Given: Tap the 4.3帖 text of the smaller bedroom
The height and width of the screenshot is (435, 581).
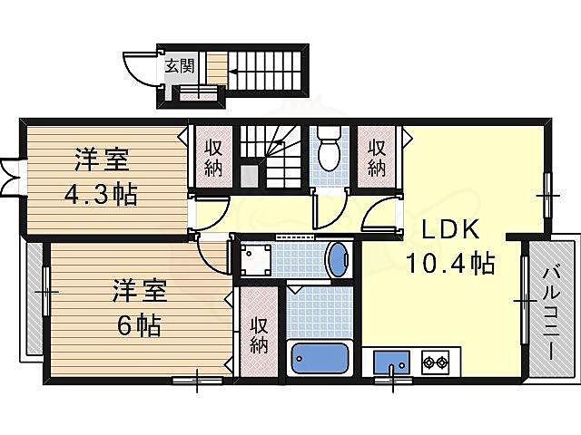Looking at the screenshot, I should click(101, 194).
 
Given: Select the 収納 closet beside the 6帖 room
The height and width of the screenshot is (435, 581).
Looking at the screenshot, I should click(258, 333).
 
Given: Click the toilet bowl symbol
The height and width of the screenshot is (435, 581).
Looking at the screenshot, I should click(330, 150).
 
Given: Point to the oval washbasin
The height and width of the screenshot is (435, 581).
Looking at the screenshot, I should click(336, 261).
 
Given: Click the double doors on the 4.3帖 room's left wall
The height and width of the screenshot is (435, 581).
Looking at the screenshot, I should click(10, 176).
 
